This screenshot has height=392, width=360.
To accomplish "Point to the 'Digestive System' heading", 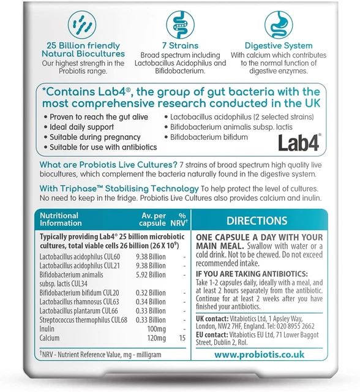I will click(279, 45).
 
